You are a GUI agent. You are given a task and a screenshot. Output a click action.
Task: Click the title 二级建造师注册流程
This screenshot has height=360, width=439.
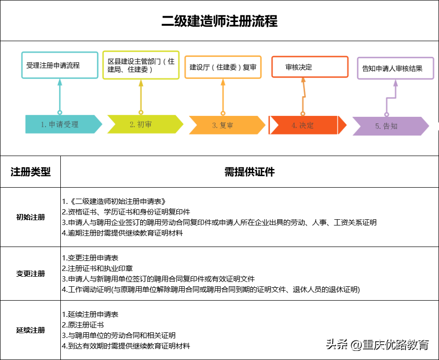(x=219, y=22)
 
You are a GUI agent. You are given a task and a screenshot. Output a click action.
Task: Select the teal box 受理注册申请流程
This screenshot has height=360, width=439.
(x=59, y=65)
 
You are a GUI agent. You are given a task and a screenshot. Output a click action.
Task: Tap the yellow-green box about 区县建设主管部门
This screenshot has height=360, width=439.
(x=141, y=65)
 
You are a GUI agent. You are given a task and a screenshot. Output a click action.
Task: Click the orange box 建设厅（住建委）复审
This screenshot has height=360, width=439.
(x=223, y=67)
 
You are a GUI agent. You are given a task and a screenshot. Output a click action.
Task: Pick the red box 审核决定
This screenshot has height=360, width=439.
(x=309, y=67)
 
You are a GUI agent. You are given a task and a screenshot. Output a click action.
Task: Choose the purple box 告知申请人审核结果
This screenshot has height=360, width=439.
(x=395, y=68)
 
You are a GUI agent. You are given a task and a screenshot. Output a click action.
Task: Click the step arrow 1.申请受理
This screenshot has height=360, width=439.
(x=63, y=124)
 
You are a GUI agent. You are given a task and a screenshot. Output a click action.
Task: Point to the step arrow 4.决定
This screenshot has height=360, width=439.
(x=306, y=125)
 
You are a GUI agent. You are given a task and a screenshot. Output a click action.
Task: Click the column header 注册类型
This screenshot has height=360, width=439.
(x=31, y=172)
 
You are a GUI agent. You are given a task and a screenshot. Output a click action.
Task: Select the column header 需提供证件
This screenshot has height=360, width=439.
(x=249, y=172)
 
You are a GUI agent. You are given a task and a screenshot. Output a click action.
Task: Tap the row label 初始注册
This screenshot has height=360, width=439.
(x=31, y=217)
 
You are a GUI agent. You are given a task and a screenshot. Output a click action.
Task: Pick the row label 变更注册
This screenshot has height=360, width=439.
(x=31, y=274)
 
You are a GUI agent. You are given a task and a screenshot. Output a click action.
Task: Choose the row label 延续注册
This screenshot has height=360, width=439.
(x=31, y=330)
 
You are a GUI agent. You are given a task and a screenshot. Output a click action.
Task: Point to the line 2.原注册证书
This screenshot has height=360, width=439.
(x=83, y=325)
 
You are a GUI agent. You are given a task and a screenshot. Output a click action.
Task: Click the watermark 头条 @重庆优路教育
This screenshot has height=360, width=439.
(x=378, y=344)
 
